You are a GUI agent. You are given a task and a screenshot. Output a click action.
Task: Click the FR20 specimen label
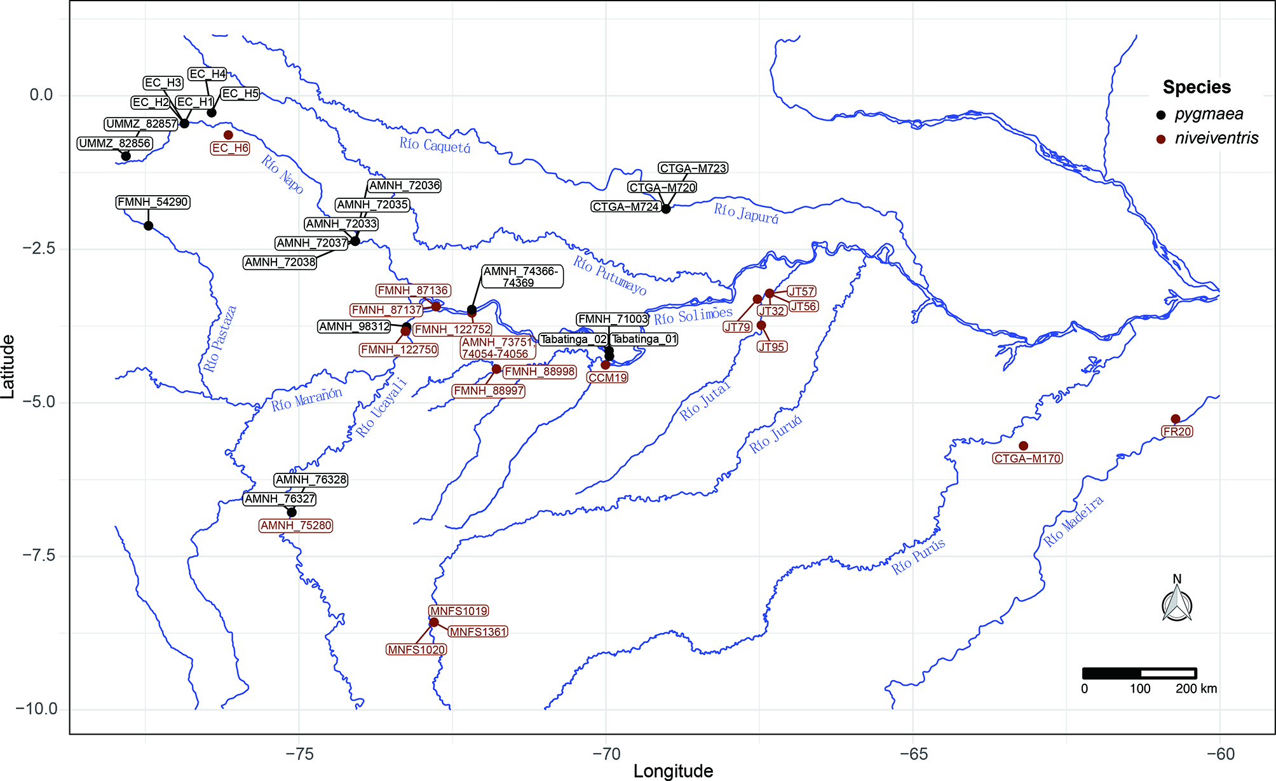[x=1177, y=431]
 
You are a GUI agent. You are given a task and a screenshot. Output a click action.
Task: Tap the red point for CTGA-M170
[x=1023, y=446]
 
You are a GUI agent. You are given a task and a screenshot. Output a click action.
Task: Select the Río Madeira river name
[x=1073, y=521]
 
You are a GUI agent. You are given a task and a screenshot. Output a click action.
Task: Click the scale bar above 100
[x=1139, y=673]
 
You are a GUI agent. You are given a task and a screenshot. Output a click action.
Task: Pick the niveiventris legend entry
[x=1207, y=139]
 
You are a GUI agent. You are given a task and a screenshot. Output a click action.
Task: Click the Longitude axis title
[x=673, y=771]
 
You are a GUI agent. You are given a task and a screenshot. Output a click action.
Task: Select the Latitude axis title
[x=8, y=367]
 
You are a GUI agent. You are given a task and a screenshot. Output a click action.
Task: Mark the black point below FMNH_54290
[x=148, y=226]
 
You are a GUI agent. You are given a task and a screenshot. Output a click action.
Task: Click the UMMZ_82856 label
[x=115, y=144]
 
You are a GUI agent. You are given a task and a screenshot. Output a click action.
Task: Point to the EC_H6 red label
[x=230, y=148]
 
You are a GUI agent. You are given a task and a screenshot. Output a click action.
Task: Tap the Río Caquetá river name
[x=435, y=146]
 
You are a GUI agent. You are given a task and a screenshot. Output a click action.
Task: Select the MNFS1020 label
[x=416, y=649]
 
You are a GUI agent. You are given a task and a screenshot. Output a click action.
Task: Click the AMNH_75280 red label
[x=296, y=526]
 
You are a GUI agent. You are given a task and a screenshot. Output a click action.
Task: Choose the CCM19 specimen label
[x=607, y=377]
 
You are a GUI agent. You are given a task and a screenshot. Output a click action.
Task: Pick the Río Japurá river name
[x=745, y=213]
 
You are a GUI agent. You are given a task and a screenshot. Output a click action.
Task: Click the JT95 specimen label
[x=771, y=347]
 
